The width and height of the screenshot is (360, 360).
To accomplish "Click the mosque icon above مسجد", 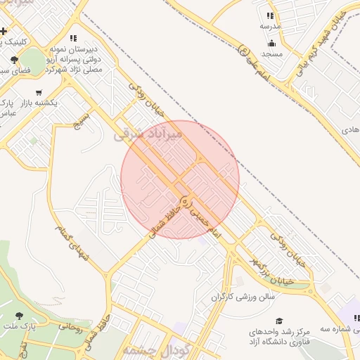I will click(x=271, y=44).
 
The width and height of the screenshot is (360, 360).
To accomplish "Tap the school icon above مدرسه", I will click(x=270, y=15).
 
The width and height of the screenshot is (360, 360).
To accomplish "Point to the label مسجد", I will click(x=271, y=53).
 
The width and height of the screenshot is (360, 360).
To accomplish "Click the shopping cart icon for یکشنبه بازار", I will click(x=39, y=92).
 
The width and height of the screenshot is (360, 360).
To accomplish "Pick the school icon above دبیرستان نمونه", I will click(x=74, y=38).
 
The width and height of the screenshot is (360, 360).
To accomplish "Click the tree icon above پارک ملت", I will click(x=18, y=316).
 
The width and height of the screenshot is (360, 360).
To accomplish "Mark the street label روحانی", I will click(x=70, y=327).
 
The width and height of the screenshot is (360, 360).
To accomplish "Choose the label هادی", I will click(x=350, y=130).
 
